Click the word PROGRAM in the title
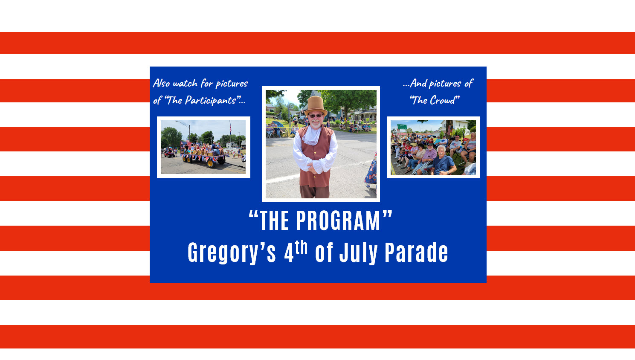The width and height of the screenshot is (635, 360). click(x=338, y=221)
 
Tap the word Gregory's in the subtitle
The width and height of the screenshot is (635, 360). click(x=232, y=253)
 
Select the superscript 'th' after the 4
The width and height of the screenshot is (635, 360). click(x=301, y=247)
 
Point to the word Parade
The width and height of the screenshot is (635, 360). click(x=416, y=253)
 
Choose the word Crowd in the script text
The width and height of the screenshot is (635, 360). click(x=442, y=101)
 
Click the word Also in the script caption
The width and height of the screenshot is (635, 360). click(x=162, y=83)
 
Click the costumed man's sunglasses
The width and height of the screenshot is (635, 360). click(x=316, y=116)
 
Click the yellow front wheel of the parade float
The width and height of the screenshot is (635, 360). click(x=210, y=163)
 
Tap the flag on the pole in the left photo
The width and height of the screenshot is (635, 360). click(x=230, y=127)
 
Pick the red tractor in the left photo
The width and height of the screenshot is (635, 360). click(x=169, y=153)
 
